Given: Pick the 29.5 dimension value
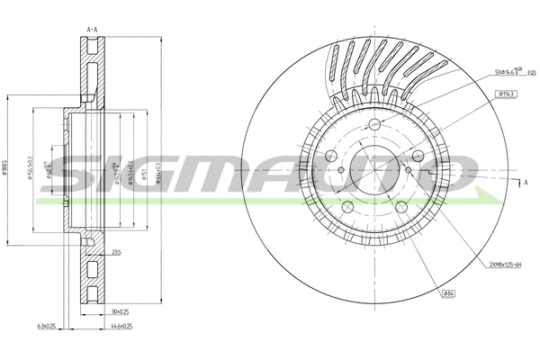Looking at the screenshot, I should coord(116,254).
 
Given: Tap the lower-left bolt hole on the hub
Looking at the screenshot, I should coord(348,206).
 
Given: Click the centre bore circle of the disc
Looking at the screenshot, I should coord(373,173).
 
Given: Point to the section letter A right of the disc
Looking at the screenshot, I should coord(525,184).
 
